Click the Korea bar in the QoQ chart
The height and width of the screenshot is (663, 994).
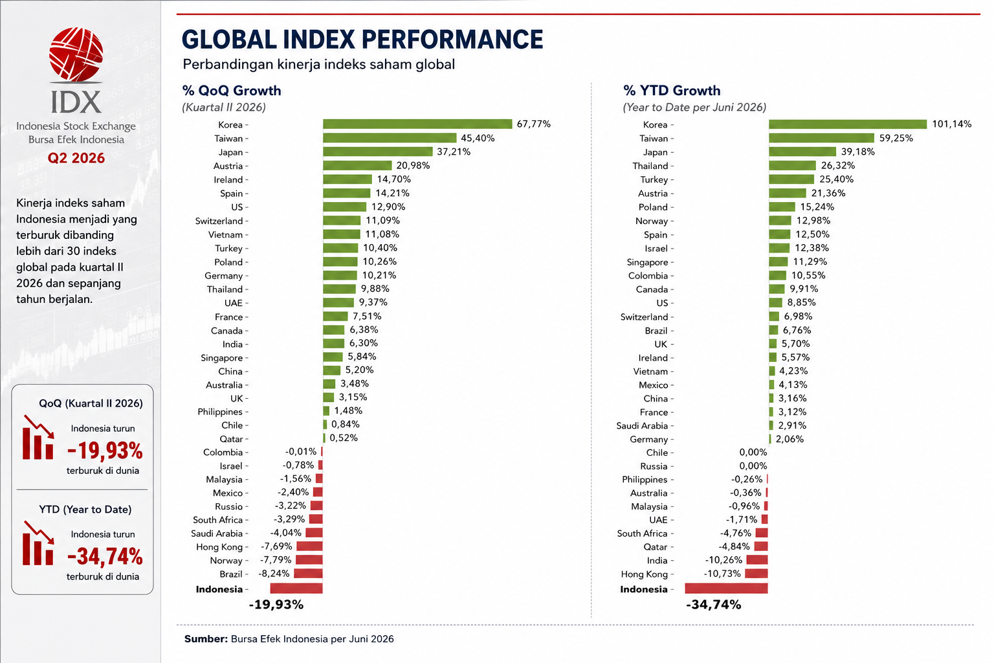pyautogui.click(x=417, y=124)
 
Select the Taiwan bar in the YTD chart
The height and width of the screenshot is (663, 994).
pyautogui.click(x=821, y=138)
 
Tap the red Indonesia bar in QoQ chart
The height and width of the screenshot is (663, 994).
pyautogui.click(x=296, y=589)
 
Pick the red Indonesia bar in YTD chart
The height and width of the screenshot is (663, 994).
pyautogui.click(x=726, y=589)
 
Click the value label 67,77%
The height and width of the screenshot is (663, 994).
pyautogui.click(x=534, y=124)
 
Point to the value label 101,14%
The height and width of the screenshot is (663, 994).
pyautogui.click(x=952, y=124)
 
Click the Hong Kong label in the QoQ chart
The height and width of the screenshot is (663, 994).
pyautogui.click(x=219, y=547)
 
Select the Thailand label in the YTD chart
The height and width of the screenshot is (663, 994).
pyautogui.click(x=650, y=166)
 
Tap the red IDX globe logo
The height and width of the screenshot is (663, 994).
pyautogui.click(x=76, y=54)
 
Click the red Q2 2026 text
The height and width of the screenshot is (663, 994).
pyautogui.click(x=76, y=158)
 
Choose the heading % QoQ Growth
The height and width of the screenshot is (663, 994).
pyautogui.click(x=232, y=91)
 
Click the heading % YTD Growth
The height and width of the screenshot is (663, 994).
pyautogui.click(x=672, y=91)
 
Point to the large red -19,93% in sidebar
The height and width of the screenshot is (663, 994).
pyautogui.click(x=105, y=451)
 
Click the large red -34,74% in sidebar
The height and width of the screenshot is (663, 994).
pyautogui.click(x=105, y=557)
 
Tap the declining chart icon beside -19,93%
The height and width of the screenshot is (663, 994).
pyautogui.click(x=38, y=438)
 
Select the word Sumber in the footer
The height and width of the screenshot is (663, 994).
pyautogui.click(x=206, y=639)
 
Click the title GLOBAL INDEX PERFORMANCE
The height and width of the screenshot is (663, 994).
pyautogui.click(x=362, y=39)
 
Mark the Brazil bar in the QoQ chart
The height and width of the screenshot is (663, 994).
pyautogui.click(x=308, y=574)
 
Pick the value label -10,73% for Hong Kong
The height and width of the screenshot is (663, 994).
pyautogui.click(x=722, y=574)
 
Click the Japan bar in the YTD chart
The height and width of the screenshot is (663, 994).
pyautogui.click(x=802, y=152)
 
